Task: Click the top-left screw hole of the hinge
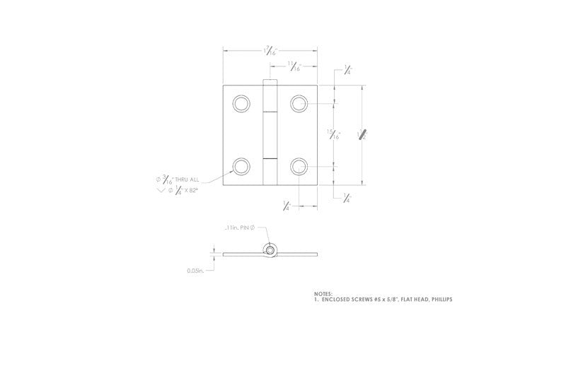[x=241, y=104]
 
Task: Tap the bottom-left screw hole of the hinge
[x=241, y=167]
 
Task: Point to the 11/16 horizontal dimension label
[x=294, y=66]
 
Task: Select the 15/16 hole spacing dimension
[x=333, y=134]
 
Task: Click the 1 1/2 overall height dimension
[x=362, y=134]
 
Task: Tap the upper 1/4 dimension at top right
[x=347, y=70]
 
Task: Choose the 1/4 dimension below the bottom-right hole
[x=287, y=206]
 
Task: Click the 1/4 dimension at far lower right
[x=347, y=199]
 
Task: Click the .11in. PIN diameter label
[x=239, y=228]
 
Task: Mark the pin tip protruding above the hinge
[x=270, y=82]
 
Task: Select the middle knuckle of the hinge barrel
[x=270, y=134]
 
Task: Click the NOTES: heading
[x=323, y=293]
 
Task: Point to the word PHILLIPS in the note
[x=437, y=300]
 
